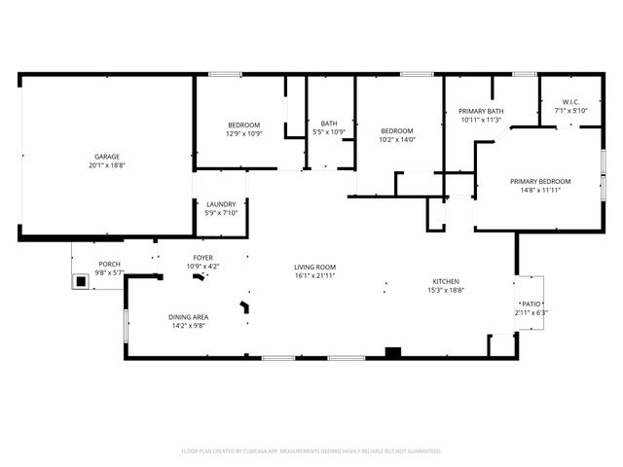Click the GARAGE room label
(107, 157)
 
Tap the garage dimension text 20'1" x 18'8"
(107, 165)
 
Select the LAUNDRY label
(221, 204)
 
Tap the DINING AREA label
(188, 316)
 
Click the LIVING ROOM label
(315, 267)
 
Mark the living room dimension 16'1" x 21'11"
(315, 275)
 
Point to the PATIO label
(531, 305)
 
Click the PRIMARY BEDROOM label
(540, 181)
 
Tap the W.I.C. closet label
(570, 103)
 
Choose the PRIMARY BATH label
(481, 112)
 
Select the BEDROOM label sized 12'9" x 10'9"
(244, 125)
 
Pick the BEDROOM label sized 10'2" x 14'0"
(397, 131)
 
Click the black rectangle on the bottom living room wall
(393, 352)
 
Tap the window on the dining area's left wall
(125, 325)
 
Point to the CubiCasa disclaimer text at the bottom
(311, 451)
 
